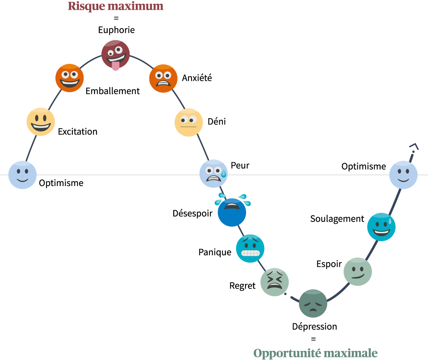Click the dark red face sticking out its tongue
click(x=115, y=53)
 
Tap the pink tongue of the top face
click(x=115, y=66)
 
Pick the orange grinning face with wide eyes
click(x=69, y=78)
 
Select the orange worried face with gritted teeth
click(x=163, y=78)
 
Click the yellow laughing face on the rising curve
click(x=41, y=122)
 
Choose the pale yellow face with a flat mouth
click(x=188, y=122)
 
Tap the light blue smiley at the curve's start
click(x=22, y=175)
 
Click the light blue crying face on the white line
click(x=213, y=174)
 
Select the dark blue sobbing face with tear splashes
click(x=232, y=212)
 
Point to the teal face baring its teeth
click(x=250, y=248)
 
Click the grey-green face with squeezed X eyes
click(x=275, y=282)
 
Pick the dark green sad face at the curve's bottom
click(x=313, y=303)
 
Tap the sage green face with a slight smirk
click(x=358, y=271)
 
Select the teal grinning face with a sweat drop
click(x=381, y=227)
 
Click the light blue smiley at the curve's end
click(x=403, y=175)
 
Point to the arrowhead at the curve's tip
click(x=414, y=147)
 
